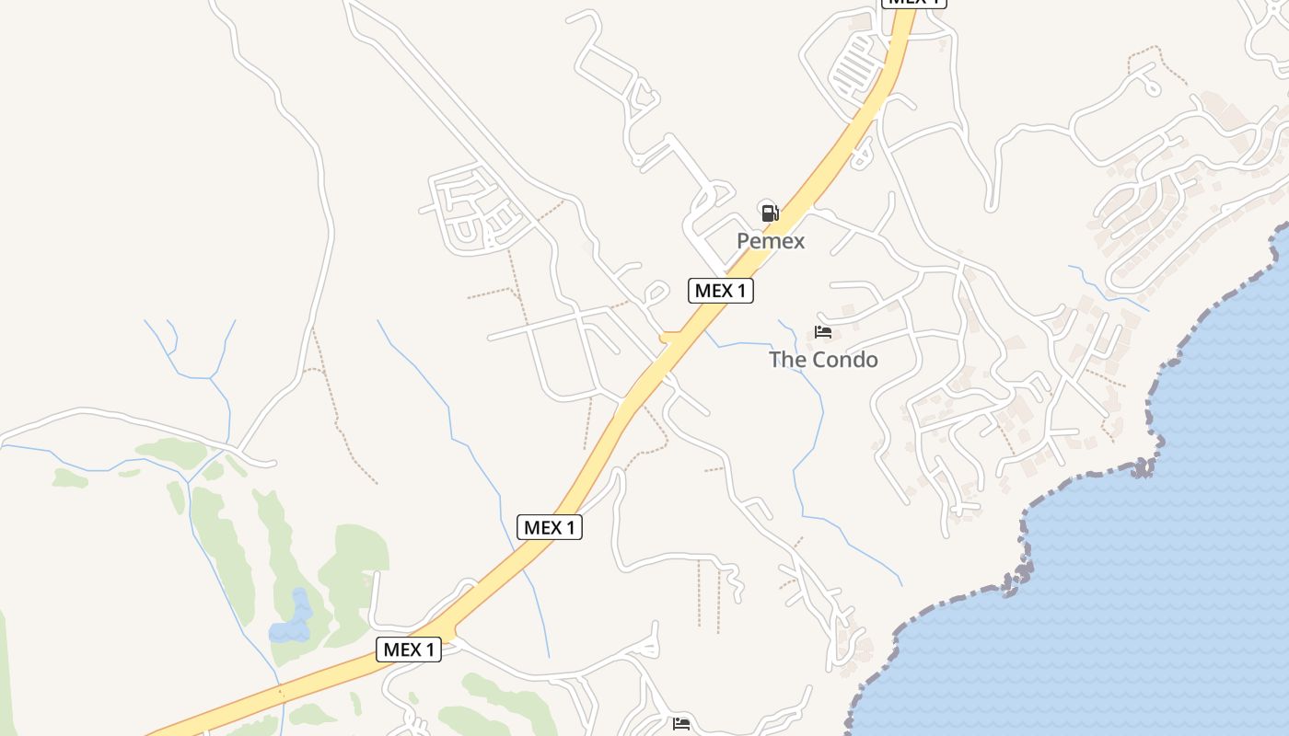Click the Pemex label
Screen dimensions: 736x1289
[x=771, y=241]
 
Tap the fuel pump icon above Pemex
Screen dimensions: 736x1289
[x=770, y=213]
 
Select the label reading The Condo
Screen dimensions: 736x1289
[x=823, y=360]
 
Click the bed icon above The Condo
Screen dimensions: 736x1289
[x=823, y=332]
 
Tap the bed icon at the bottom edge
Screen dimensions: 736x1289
[x=681, y=724]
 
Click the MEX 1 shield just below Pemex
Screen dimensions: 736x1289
[x=721, y=291]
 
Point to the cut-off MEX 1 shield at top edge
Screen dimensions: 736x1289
[x=913, y=3]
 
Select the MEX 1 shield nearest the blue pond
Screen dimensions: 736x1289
[x=409, y=650]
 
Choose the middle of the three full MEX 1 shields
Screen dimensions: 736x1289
[x=550, y=527]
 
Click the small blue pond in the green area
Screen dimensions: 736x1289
[x=293, y=621]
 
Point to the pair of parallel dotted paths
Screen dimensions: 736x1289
[x=708, y=594]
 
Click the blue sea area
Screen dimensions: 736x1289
[x=1151, y=598]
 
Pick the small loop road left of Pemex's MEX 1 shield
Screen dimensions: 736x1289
[x=655, y=293]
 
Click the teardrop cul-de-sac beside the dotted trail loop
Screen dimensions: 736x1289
[x=1150, y=86]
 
